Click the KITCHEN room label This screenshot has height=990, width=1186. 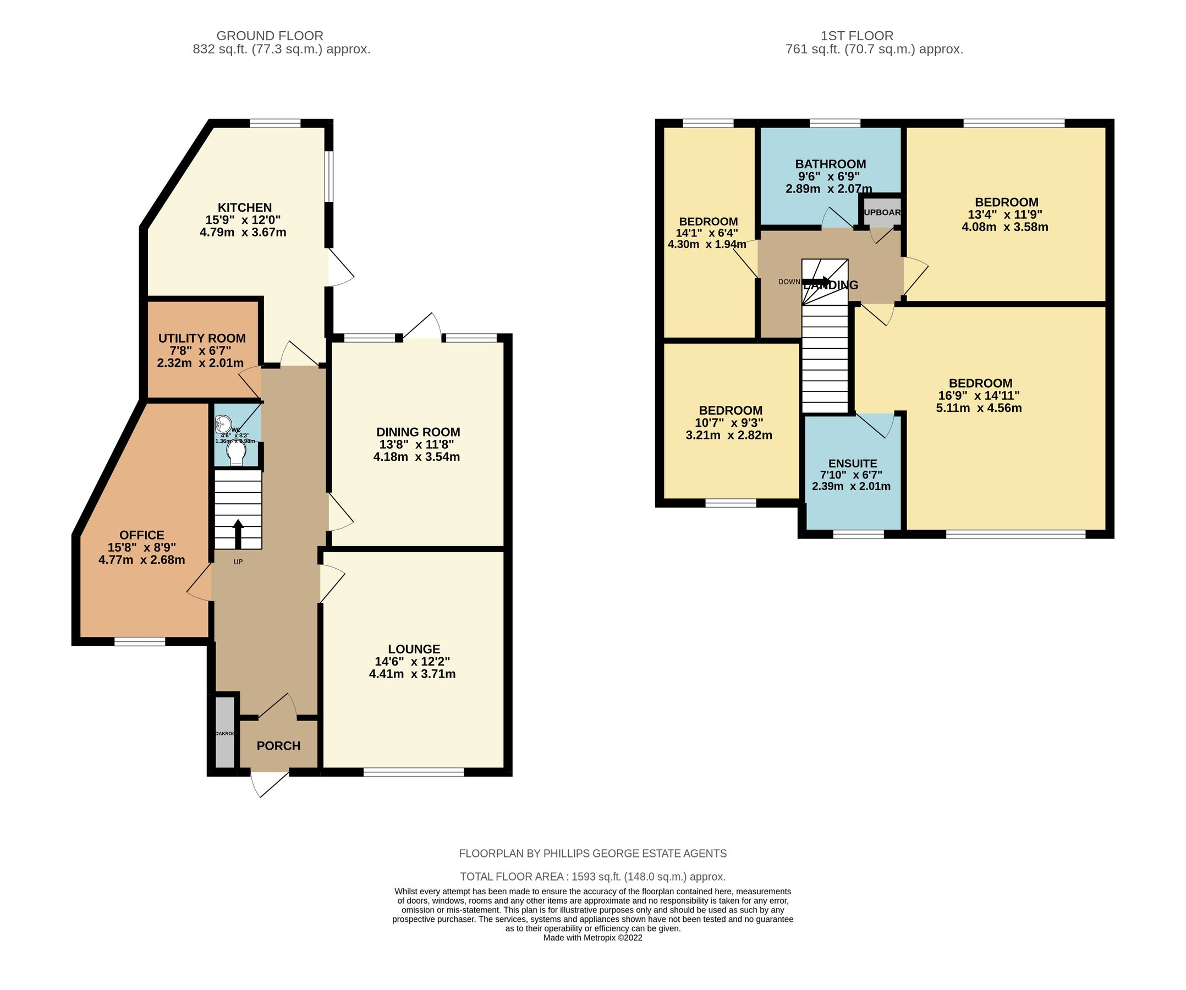click(x=245, y=207)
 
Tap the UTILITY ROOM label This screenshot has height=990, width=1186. click(x=202, y=338)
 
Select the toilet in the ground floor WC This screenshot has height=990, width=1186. click(x=235, y=454)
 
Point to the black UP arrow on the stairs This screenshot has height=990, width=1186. click(x=238, y=532)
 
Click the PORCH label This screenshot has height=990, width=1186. click(x=278, y=745)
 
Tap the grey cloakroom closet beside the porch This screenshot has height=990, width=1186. click(x=225, y=733)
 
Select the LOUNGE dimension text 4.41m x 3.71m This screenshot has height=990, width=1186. click(x=412, y=674)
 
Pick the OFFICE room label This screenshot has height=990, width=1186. click(x=142, y=535)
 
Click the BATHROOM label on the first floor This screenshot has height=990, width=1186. click(x=830, y=164)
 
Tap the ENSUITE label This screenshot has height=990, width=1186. click(x=852, y=463)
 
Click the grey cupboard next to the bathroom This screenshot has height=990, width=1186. click(x=882, y=212)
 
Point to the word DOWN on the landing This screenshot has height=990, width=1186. click(x=789, y=282)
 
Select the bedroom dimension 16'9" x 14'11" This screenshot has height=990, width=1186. click(x=979, y=396)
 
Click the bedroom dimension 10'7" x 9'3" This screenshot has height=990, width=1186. click(x=730, y=423)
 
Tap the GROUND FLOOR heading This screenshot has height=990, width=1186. click(x=270, y=36)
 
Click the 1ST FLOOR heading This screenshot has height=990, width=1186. click(x=856, y=36)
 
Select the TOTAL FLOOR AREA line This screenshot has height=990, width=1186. click(x=592, y=877)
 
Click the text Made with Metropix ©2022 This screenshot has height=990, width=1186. click(x=592, y=938)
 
